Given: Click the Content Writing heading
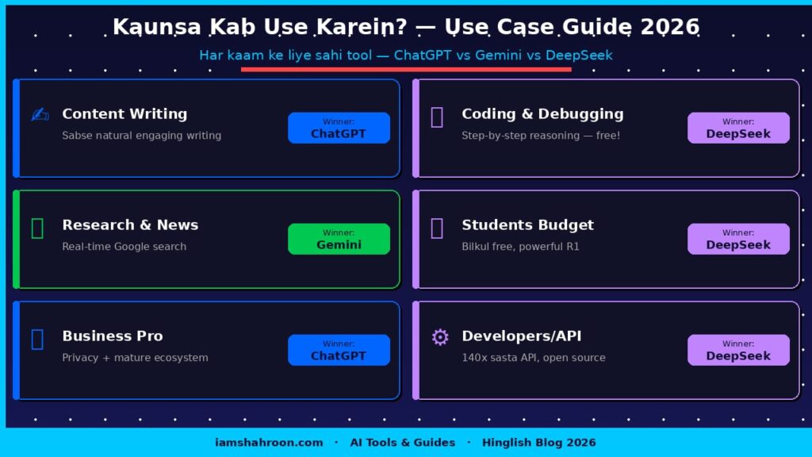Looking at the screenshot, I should [124, 114].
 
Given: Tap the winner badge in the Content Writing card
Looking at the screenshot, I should [339, 128].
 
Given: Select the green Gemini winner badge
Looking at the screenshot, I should [339, 239].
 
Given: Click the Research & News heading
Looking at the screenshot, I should [130, 225].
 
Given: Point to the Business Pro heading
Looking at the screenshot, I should [112, 336].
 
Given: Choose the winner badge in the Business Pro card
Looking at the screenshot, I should [339, 350].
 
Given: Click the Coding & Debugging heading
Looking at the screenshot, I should [542, 114].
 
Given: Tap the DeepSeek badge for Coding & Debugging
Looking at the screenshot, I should [738, 128].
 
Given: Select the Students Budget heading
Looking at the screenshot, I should [527, 225].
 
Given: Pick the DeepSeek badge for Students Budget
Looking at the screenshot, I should [738, 239].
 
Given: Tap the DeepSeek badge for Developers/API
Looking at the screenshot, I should [738, 350].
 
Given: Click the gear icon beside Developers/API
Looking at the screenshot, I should [439, 337].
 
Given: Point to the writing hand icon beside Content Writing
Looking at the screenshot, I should [40, 115].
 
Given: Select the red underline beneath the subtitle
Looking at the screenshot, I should [406, 69].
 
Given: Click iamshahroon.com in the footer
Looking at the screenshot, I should [269, 443].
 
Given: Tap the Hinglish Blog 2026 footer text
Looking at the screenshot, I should [538, 443].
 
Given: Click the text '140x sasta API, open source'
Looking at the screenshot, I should [533, 358].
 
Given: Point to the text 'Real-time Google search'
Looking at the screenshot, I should [124, 247].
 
